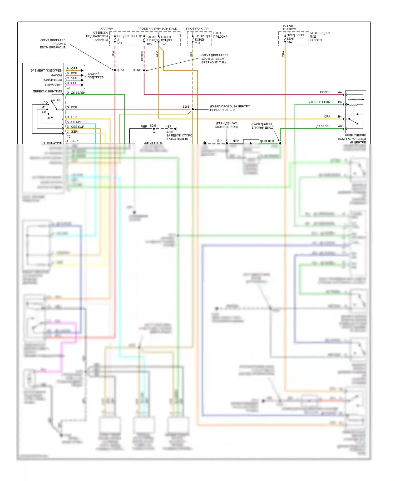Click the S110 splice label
121,70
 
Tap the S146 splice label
136,70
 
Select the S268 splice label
186,107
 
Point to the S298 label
153,126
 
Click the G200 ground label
169,132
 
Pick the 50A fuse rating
120,43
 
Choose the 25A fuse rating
197,43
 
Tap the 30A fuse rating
289,42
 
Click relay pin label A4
340,92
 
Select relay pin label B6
340,102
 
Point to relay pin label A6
340,126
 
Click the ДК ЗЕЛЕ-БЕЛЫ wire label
319,102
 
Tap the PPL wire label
74,83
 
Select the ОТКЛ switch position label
57,100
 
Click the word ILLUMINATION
52,143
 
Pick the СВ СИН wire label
77,122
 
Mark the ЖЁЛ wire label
74,132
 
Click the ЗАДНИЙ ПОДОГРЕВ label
95,76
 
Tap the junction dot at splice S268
193,109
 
